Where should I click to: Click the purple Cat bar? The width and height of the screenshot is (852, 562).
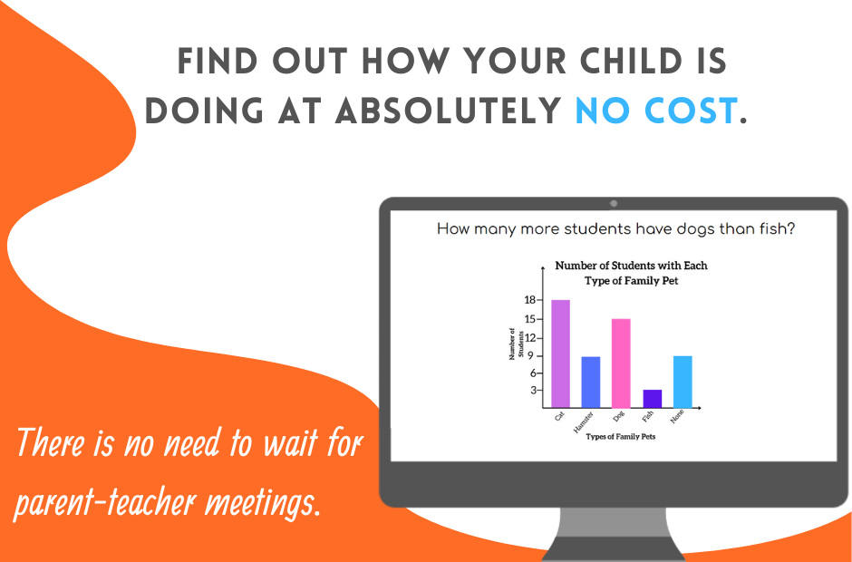point(560,354)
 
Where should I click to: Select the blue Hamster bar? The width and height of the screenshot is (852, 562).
point(591,382)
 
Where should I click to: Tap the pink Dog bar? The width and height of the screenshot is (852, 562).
point(621,363)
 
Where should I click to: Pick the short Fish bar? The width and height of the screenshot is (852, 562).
point(652,398)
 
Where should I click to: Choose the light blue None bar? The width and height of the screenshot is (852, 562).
point(683,381)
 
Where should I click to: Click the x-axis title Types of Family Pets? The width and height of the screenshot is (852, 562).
point(620,437)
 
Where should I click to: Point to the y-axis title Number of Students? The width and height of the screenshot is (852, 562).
point(514,345)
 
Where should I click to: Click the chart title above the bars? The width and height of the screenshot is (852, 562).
point(631,273)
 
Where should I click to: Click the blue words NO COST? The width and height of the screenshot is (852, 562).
point(655,111)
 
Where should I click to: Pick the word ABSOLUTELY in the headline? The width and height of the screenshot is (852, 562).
point(450,111)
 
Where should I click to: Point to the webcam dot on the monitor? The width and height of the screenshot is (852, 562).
point(614,204)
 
